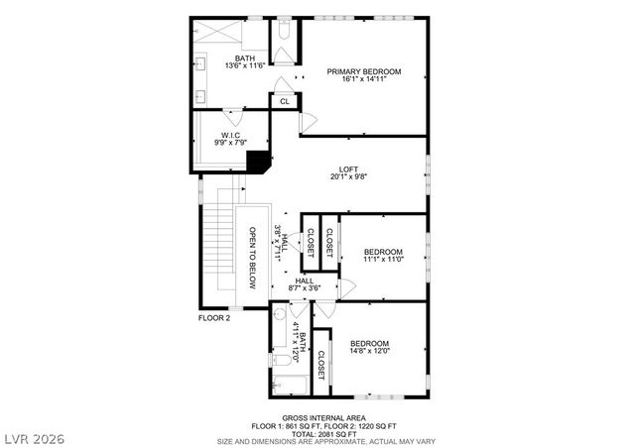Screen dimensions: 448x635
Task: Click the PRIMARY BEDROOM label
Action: pos(363,71)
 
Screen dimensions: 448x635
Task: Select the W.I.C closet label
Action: pos(229,134)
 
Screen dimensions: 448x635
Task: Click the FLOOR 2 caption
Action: pos(213,318)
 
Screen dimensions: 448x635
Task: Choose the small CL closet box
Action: pos(285,101)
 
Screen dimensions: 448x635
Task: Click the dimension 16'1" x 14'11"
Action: pos(363,81)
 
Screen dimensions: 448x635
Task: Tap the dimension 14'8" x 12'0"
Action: pos(369,351)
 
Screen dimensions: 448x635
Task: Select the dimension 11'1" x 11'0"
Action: pos(382,260)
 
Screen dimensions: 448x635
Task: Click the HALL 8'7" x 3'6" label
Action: pos(305,284)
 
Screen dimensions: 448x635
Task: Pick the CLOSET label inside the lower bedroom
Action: pos(321,364)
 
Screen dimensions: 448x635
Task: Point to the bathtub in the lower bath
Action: pos(291,385)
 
